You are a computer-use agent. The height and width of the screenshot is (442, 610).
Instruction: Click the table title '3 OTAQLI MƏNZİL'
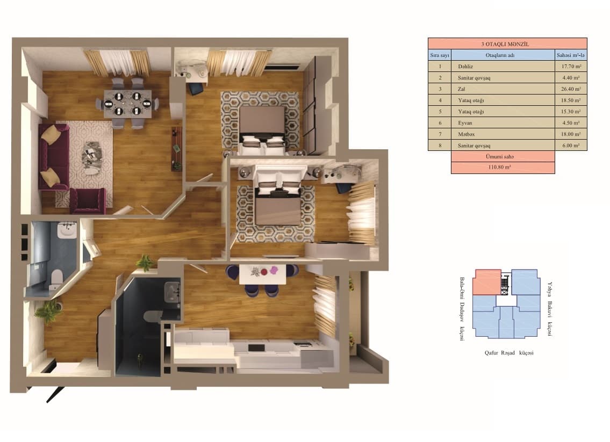coord(507,44)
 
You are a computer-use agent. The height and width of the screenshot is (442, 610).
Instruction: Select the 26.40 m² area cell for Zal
coord(570,89)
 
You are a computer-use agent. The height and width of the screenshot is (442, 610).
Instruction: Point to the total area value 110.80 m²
coord(503,168)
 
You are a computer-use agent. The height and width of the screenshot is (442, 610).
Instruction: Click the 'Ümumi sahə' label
coord(503,156)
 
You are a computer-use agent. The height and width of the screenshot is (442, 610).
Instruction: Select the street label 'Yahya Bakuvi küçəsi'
coord(550,309)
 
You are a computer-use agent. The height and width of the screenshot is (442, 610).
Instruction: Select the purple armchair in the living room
coord(88,200)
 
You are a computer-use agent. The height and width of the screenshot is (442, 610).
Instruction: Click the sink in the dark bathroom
coord(173,293)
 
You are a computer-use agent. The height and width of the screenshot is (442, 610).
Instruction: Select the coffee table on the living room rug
coord(91,156)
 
